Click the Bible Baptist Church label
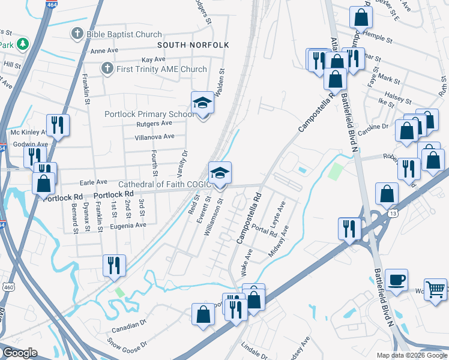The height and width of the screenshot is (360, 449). (x=124, y=34)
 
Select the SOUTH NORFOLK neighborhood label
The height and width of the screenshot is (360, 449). (x=186, y=45)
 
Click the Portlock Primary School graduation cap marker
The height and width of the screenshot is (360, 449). (x=203, y=103)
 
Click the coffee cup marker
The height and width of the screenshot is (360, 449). (x=396, y=280)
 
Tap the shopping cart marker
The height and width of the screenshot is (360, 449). (x=435, y=289)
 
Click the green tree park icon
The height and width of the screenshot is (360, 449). (x=22, y=44)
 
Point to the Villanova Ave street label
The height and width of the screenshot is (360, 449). (x=154, y=137)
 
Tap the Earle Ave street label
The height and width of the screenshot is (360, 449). (x=93, y=182)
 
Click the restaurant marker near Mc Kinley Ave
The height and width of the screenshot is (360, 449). (x=58, y=125)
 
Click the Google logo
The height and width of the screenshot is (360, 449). (x=20, y=353)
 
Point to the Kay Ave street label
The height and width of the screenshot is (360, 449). (x=153, y=60)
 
